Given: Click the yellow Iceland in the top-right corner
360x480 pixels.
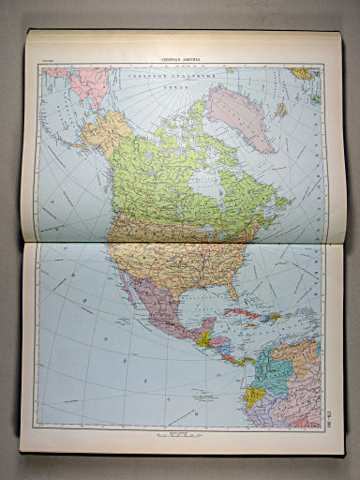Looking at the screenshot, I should coord(301,73).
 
